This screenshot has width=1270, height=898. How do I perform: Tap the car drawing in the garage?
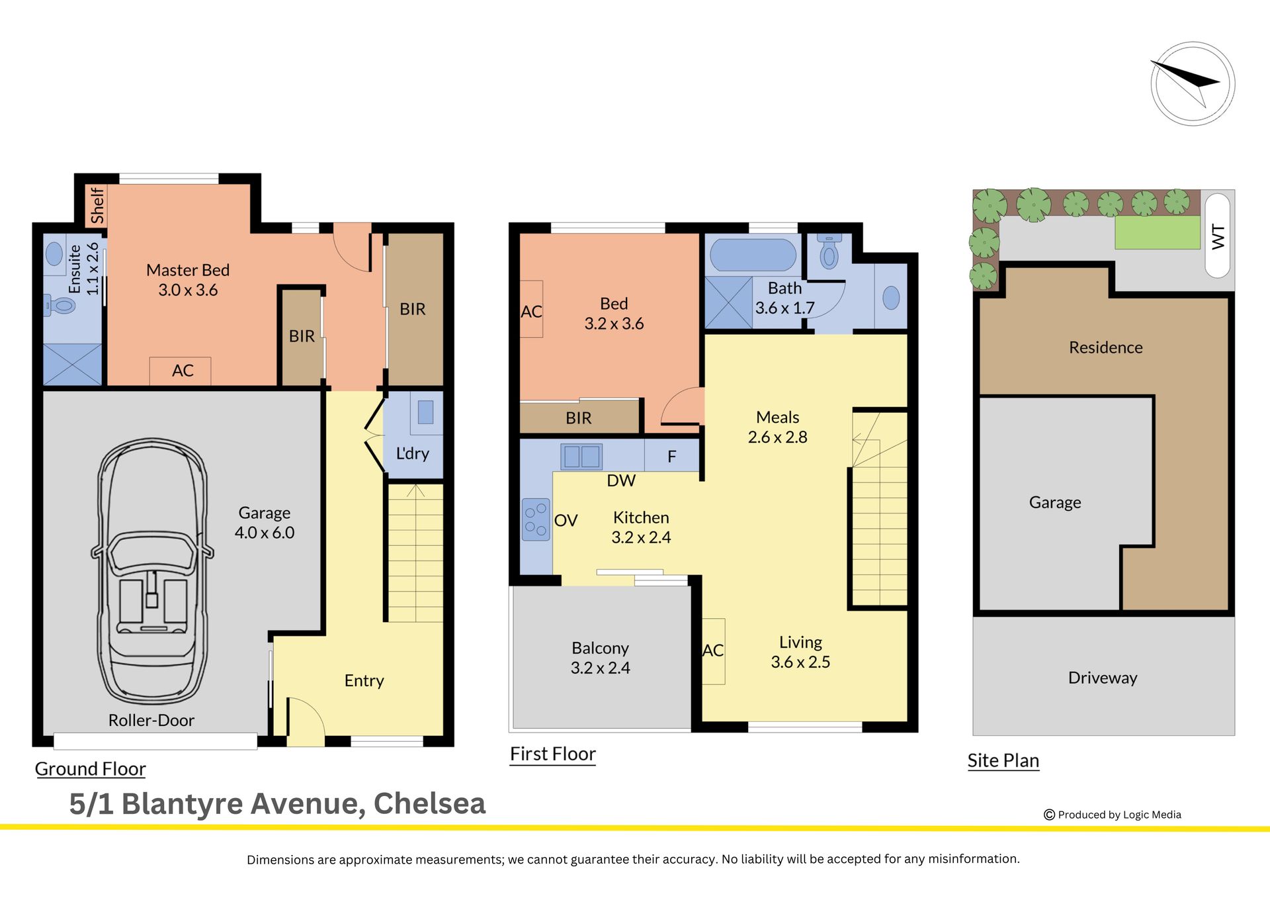[152, 571]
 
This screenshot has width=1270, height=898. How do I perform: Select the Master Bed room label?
[188, 270]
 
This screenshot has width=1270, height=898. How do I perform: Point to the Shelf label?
[97, 206]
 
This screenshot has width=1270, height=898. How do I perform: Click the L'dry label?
[413, 453]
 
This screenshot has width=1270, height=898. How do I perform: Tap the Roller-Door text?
[151, 720]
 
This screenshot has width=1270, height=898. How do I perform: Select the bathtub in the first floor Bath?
[753, 255]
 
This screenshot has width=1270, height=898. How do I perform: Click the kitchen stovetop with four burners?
[536, 519]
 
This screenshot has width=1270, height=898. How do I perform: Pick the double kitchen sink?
[581, 457]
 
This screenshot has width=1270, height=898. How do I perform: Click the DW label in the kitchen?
[621, 480]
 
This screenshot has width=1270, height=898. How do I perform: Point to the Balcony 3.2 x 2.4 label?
[601, 658]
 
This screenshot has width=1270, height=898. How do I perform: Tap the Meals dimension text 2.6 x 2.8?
[778, 437]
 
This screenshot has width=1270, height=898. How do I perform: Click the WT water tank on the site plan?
[1218, 235]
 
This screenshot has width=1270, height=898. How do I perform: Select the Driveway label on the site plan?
[1103, 678]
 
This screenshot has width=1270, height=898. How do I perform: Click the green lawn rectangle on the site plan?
[1158, 232]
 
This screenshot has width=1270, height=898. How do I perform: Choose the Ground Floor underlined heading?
[90, 769]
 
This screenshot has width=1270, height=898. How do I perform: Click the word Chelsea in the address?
[429, 803]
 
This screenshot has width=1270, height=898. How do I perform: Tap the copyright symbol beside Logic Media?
[1049, 815]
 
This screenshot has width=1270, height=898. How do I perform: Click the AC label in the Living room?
[713, 651]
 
